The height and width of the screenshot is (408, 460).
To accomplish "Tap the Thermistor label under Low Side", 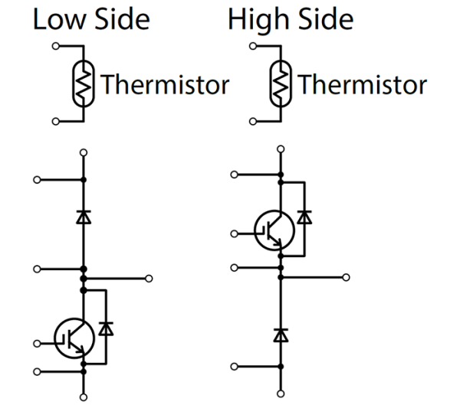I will (x=165, y=84).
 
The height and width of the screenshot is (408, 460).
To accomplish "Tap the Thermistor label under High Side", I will (x=362, y=84).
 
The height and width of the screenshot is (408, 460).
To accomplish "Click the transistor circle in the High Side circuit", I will (x=272, y=229).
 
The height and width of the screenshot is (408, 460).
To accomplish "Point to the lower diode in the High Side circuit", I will (x=281, y=335).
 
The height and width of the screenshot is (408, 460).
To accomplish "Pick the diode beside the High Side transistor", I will (x=304, y=217).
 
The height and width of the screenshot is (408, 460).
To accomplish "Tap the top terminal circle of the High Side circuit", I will (x=281, y=149).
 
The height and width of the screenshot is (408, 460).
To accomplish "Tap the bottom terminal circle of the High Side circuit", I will (x=281, y=393).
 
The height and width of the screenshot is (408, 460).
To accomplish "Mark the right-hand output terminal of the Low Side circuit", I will (x=149, y=278).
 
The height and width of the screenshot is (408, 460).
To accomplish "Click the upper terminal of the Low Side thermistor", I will (x=54, y=47).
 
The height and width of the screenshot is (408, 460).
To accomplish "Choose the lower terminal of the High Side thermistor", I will (x=252, y=121).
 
